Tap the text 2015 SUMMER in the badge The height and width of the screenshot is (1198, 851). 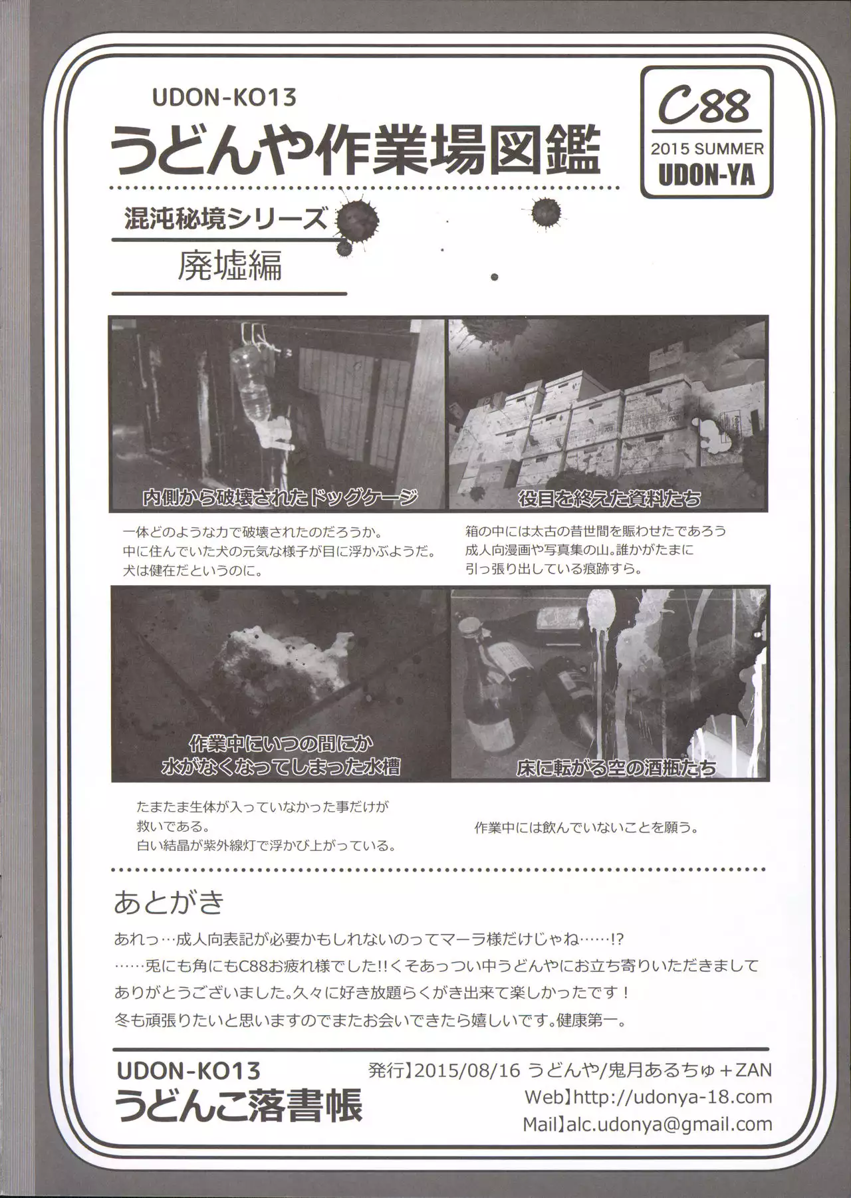pyautogui.click(x=707, y=148)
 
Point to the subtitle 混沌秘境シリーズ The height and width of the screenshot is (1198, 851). pyautogui.click(x=226, y=219)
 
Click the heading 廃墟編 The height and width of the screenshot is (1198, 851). pyautogui.click(x=230, y=265)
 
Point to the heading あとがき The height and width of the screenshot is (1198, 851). pyautogui.click(x=170, y=902)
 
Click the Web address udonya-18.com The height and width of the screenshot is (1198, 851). pyautogui.click(x=672, y=1096)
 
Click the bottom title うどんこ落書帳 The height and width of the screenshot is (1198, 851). pyautogui.click(x=239, y=1107)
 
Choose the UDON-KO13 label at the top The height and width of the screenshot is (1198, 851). pyautogui.click(x=223, y=98)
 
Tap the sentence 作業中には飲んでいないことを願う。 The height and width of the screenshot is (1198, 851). pyautogui.click(x=586, y=828)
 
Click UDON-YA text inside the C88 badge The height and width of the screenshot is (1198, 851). pyautogui.click(x=706, y=176)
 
